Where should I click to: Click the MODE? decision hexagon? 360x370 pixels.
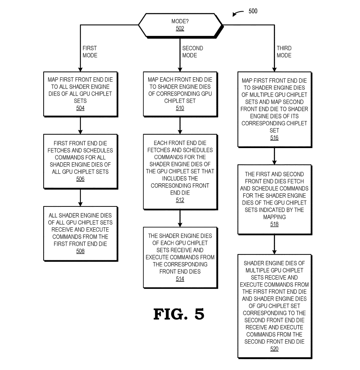[x=180, y=25]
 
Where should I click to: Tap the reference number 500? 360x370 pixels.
[x=253, y=11]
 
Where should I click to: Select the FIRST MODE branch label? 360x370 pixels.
[x=90, y=52]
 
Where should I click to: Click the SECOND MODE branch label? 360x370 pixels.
[x=192, y=52]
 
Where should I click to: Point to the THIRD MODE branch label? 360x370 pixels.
[x=284, y=52]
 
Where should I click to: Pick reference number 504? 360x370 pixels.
[x=80, y=108]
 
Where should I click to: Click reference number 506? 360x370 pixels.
[x=80, y=179]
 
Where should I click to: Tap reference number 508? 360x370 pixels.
[x=80, y=251]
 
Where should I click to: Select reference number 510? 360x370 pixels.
[x=180, y=108]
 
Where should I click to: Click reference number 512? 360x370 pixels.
[x=180, y=200]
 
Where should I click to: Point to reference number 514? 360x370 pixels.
[x=180, y=279]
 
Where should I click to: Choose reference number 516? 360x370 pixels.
[x=274, y=138]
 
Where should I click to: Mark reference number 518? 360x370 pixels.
[x=274, y=224]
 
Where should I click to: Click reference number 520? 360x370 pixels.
[x=274, y=349]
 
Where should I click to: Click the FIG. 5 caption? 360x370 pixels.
[x=178, y=314]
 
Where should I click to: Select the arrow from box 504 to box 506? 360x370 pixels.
[x=80, y=125]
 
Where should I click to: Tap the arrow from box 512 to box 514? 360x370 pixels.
[x=180, y=218]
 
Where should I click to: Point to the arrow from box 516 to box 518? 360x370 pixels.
[x=274, y=156]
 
